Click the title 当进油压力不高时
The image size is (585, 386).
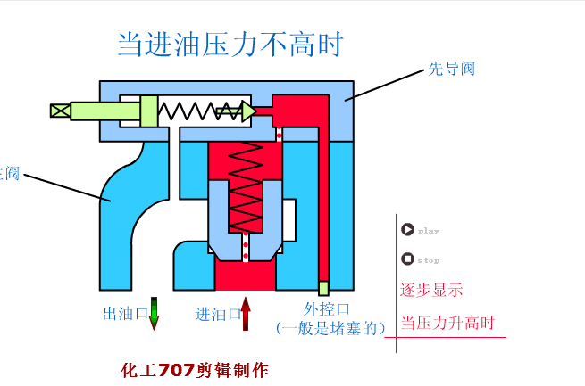pyautogui.click(x=230, y=43)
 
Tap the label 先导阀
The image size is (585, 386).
pyautogui.click(x=451, y=69)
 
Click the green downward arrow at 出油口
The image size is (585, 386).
pyautogui.click(x=154, y=313)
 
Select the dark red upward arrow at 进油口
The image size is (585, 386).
pyautogui.click(x=246, y=314)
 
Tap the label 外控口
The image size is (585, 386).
pyautogui.click(x=321, y=308)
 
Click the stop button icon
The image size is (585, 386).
pyautogui.click(x=407, y=259)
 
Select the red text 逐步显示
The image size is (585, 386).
pyautogui.click(x=431, y=290)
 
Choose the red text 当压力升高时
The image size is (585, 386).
pyautogui.click(x=447, y=323)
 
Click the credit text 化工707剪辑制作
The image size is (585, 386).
pyautogui.click(x=194, y=369)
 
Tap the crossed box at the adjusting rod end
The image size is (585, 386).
pyautogui.click(x=60, y=111)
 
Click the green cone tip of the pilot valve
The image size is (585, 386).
pyautogui.click(x=247, y=111)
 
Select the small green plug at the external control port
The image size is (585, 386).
pyautogui.click(x=323, y=288)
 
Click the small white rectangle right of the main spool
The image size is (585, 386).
pyautogui.click(x=288, y=218)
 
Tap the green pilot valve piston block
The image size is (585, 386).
pyautogui.click(x=149, y=111)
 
